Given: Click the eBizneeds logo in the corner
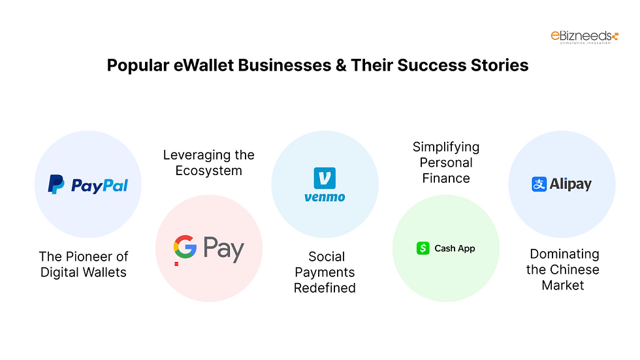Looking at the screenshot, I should click(584, 37).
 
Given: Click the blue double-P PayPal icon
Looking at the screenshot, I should click(57, 185).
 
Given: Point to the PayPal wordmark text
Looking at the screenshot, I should click(99, 186).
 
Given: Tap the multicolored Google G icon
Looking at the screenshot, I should click(185, 248).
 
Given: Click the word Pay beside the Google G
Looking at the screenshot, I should click(223, 249).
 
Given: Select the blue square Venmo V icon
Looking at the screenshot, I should click(325, 178).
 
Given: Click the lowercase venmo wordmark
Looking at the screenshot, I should click(325, 197).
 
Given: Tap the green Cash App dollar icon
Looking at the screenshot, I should click(423, 248).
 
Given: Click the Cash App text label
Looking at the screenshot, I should click(455, 248).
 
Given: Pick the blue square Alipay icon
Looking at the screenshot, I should click(539, 184).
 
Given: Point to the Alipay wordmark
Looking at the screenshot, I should click(570, 184).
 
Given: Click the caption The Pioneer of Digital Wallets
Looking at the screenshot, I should click(84, 264).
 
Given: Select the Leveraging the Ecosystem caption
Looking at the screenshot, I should click(208, 163).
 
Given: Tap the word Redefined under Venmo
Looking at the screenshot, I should click(325, 288).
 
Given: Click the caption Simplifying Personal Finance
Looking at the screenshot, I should click(446, 163).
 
